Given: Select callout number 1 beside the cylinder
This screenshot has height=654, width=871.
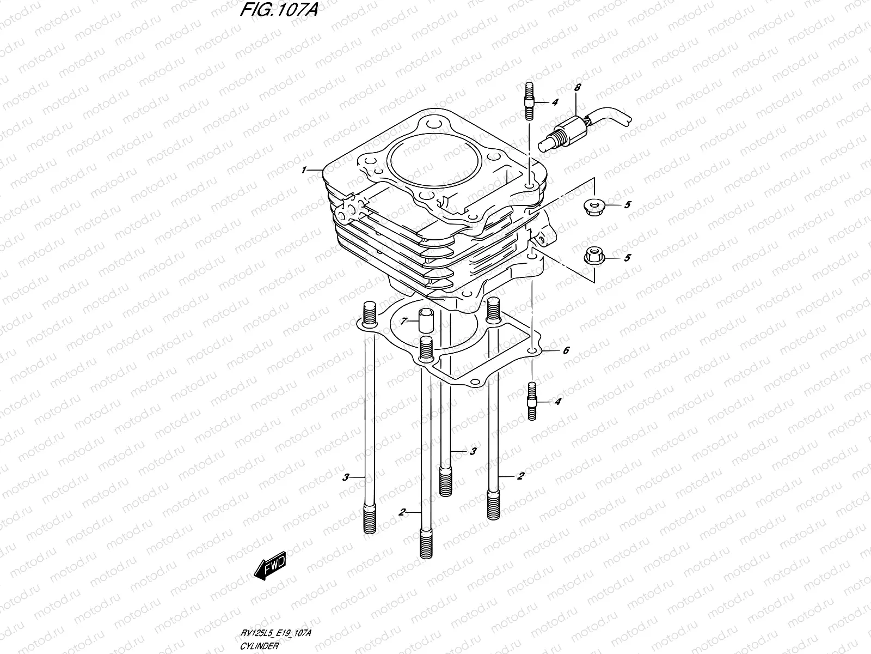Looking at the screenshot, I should point(305,171).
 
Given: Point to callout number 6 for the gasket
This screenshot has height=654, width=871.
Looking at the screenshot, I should point(566,350).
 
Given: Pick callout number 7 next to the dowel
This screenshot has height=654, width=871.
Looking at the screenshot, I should point(403,322).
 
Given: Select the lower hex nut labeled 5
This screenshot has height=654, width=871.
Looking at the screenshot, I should point(592,256).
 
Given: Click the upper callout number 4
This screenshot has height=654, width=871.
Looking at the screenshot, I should point(555,102).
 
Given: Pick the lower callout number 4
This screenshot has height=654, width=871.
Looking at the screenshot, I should point(557,402).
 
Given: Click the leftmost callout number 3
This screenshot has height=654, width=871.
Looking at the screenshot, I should point(345,477).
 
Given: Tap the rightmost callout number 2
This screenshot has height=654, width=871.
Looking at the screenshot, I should point(520,476).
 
